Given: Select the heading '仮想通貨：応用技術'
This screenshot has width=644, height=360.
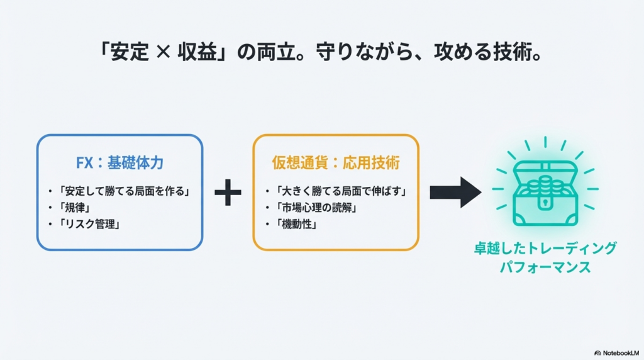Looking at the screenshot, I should click(x=335, y=163).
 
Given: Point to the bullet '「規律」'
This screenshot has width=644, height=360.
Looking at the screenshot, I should click(x=72, y=207).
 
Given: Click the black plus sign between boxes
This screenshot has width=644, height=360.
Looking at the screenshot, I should click(x=228, y=193).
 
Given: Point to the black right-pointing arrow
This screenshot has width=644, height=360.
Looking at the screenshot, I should click(x=455, y=192).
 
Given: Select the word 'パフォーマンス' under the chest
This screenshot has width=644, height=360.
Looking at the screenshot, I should click(x=545, y=267).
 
